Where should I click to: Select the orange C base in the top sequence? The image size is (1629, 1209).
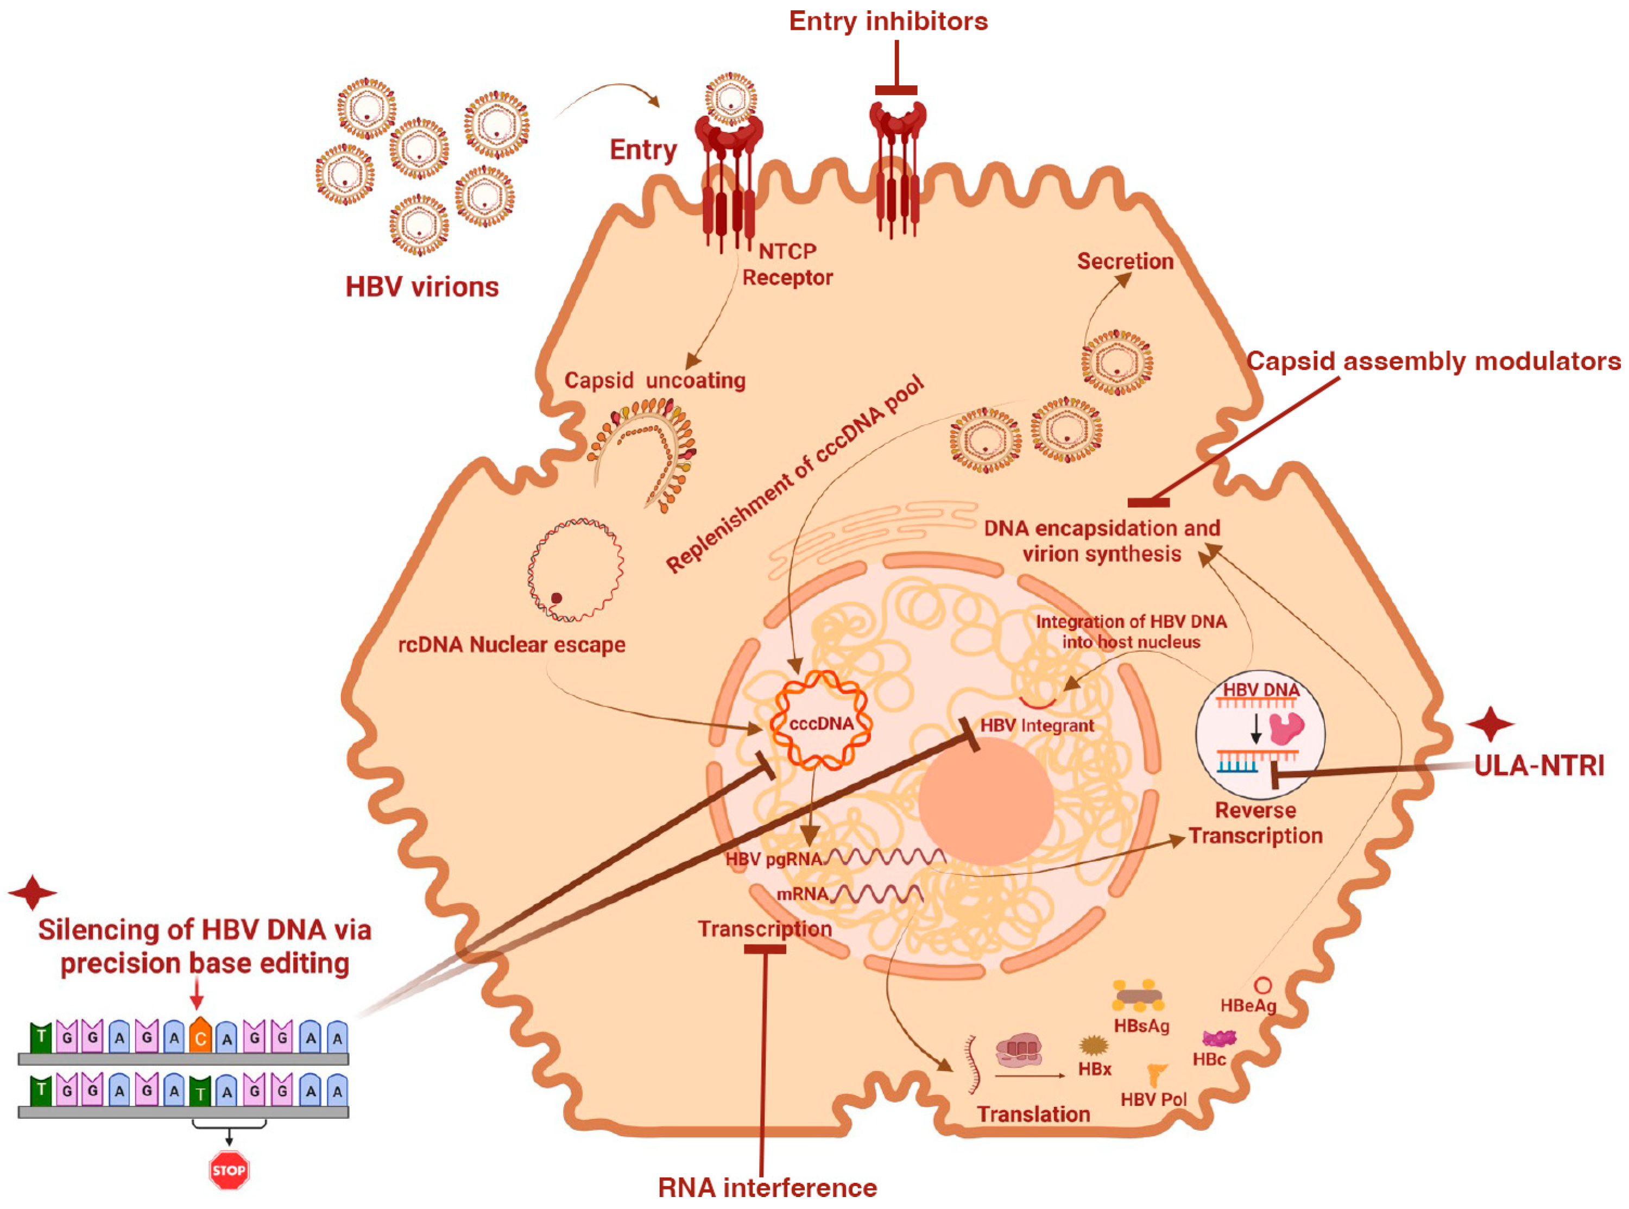(200, 1037)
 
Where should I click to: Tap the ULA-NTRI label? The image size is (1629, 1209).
(1538, 765)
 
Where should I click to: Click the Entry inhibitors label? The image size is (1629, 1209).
(888, 21)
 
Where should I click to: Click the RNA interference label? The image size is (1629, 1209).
(767, 1187)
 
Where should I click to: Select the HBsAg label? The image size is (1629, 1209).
(1141, 1026)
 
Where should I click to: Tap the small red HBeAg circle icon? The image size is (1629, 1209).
(1262, 986)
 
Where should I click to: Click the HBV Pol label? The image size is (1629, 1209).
(1153, 1099)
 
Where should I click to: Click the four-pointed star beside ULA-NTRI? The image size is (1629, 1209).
(1490, 725)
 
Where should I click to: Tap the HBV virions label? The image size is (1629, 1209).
(422, 287)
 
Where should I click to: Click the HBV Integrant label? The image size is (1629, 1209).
(1037, 725)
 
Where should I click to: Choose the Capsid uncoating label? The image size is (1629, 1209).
(655, 381)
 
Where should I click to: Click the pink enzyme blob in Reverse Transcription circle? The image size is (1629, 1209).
(1287, 728)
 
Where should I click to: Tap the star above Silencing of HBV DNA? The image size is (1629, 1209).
(32, 892)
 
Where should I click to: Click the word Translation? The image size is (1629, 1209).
(1033, 1114)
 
